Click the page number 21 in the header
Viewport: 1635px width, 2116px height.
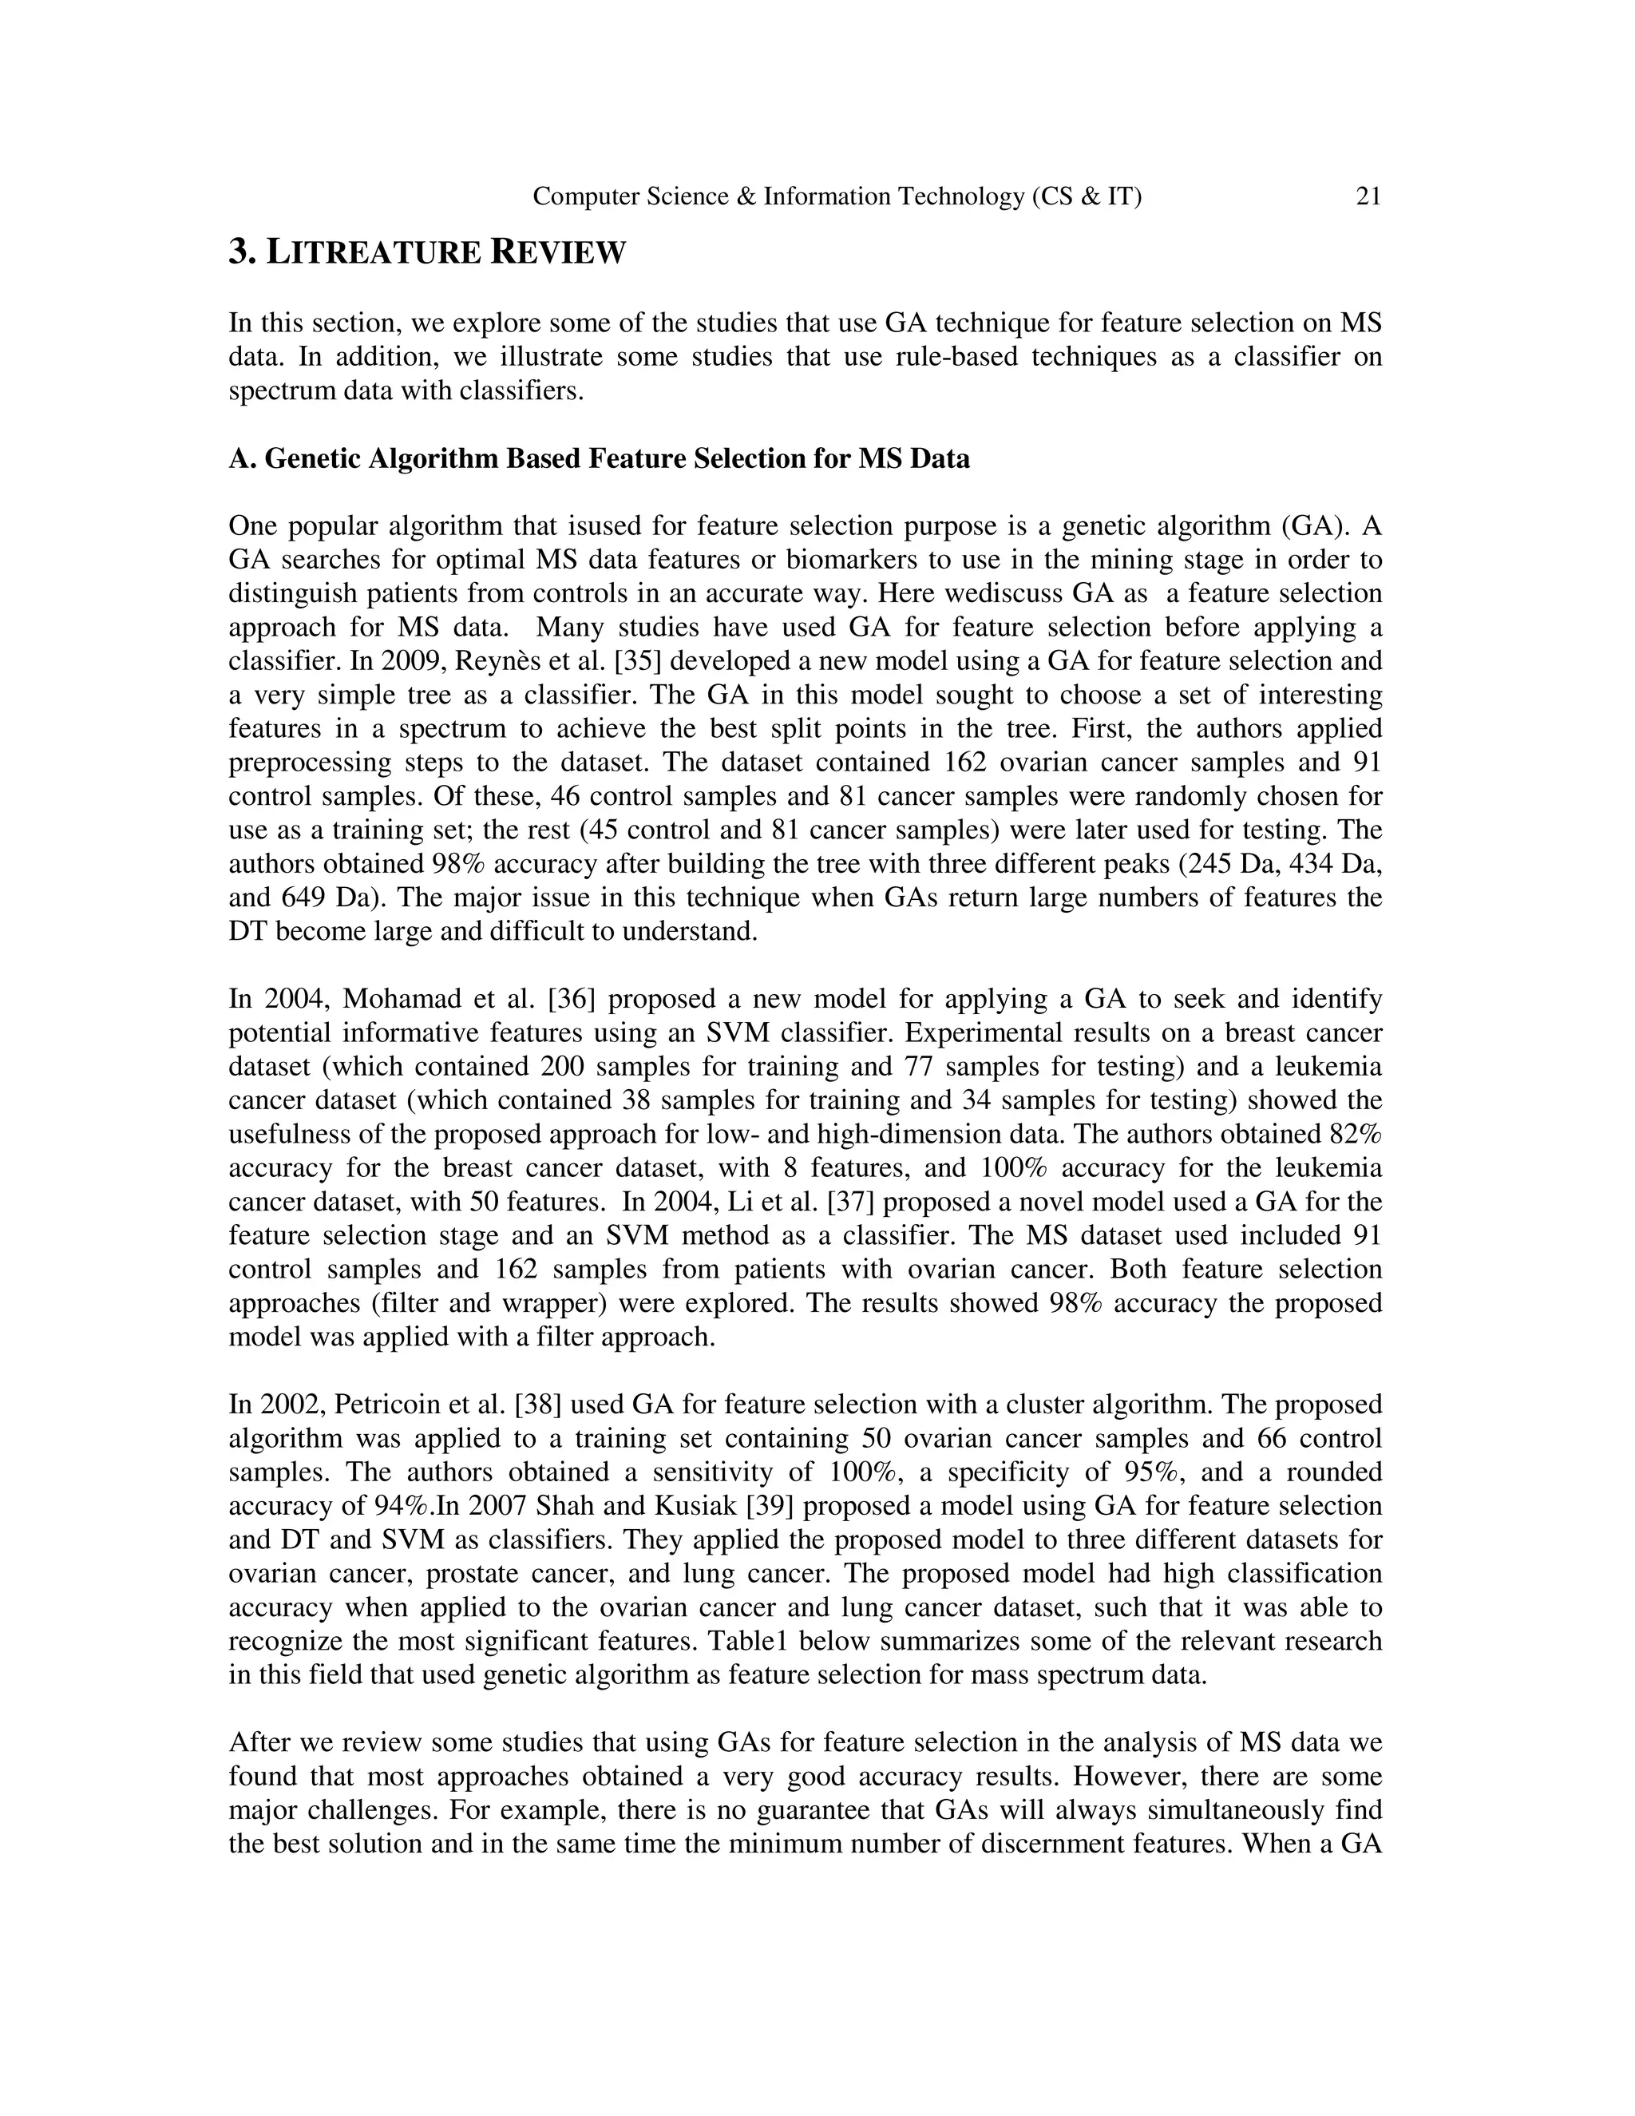click(1368, 196)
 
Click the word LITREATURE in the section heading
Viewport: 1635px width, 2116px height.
click(373, 254)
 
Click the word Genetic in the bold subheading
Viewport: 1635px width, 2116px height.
click(309, 458)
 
